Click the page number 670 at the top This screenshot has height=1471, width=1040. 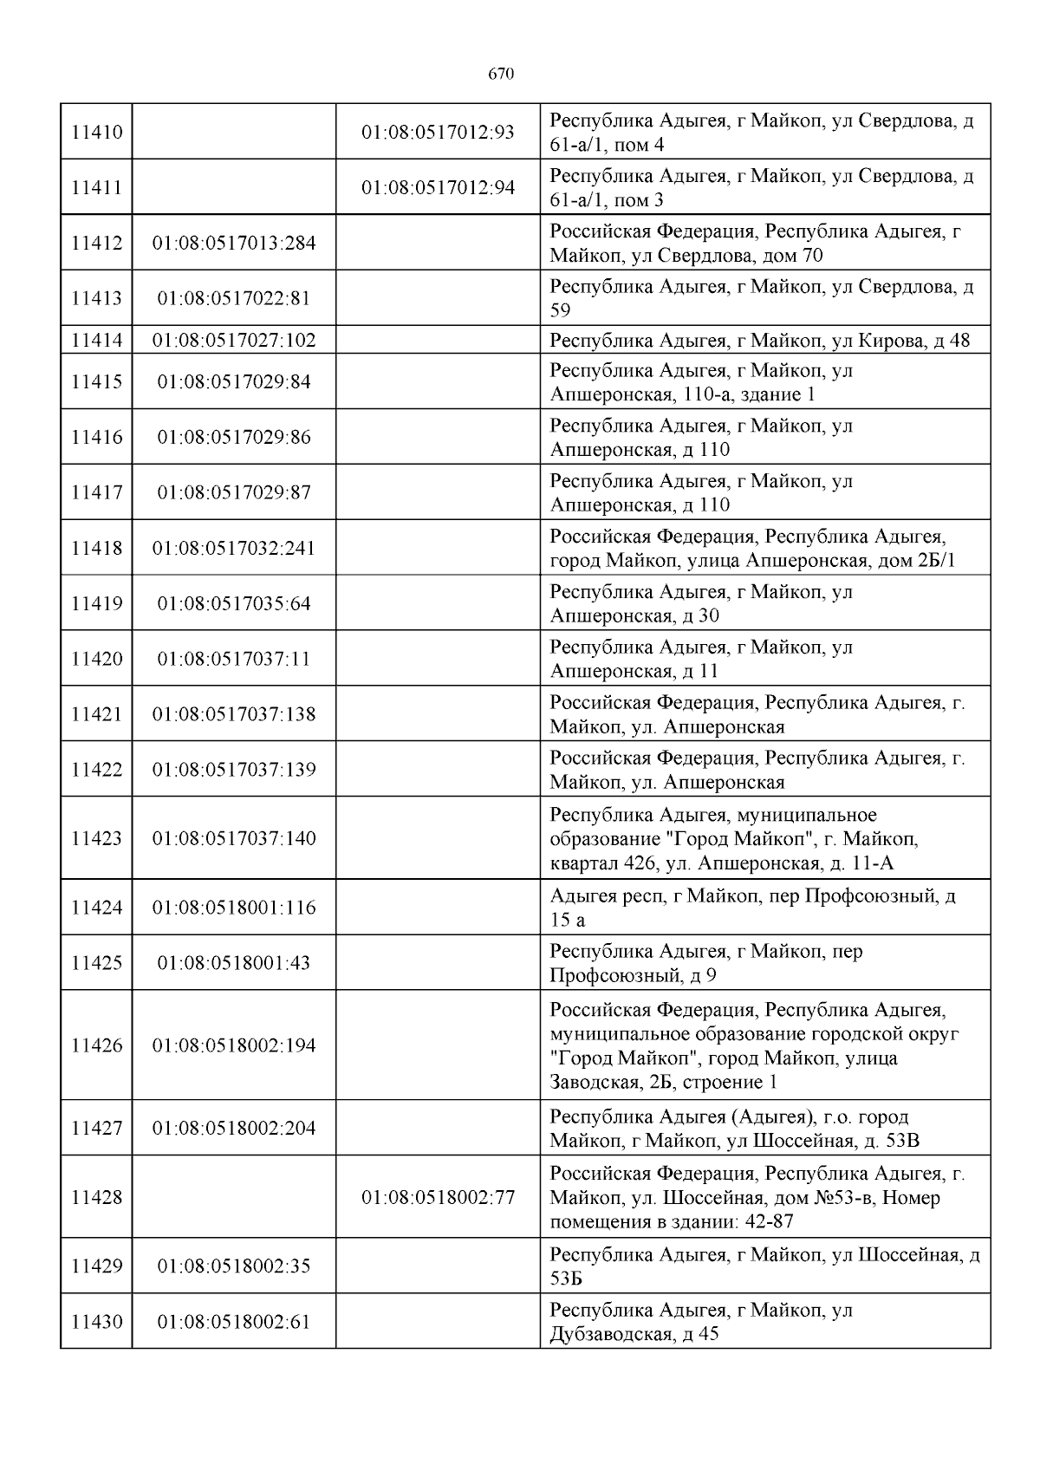501,75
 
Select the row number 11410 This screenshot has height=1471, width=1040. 96,133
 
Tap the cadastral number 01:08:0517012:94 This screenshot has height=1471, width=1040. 438,188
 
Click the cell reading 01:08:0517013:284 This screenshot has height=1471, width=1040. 234,244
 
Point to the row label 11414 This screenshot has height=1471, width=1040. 96,340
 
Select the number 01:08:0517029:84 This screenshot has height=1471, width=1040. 234,382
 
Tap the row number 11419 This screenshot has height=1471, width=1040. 96,603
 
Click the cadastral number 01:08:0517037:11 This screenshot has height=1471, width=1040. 234,659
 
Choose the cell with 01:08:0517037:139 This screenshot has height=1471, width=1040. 234,770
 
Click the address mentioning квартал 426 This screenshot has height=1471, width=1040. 733,839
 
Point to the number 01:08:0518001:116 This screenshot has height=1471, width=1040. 234,908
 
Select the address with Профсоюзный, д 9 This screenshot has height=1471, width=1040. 705,964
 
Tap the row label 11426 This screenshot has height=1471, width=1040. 96,1046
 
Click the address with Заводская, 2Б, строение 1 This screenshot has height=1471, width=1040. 753,1046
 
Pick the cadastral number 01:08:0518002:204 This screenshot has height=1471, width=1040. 234,1129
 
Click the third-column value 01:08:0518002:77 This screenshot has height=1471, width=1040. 438,1198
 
